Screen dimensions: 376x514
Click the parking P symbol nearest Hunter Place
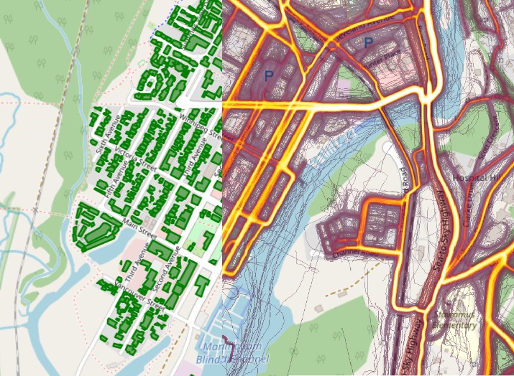coord(369,44)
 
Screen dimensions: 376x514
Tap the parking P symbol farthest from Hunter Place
coord(270,74)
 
